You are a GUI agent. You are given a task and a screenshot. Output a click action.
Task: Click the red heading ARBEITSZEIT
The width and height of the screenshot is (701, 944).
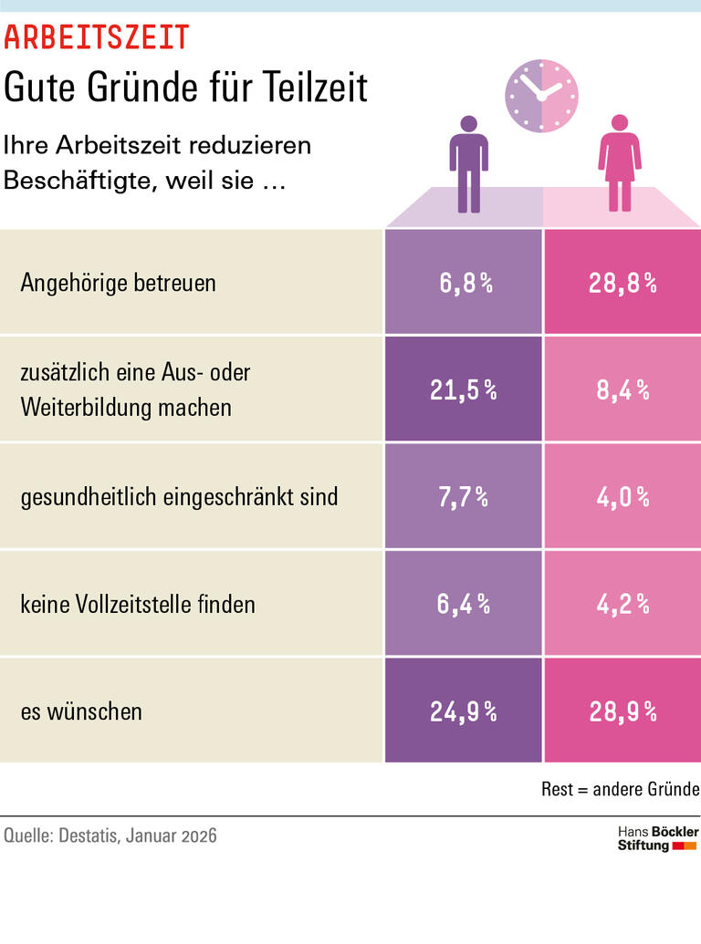(97, 36)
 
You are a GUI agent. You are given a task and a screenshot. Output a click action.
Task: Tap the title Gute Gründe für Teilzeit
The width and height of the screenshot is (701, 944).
(185, 88)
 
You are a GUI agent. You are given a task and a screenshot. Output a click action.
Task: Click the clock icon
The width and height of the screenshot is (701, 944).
(542, 94)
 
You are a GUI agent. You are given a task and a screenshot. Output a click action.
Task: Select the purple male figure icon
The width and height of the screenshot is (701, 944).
(468, 163)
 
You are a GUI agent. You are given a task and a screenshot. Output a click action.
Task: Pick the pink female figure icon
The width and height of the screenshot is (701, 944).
(620, 163)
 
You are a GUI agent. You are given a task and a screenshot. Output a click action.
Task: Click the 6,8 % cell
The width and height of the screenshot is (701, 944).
(464, 283)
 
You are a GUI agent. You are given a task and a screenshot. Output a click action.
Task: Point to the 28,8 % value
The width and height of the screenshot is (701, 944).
(623, 283)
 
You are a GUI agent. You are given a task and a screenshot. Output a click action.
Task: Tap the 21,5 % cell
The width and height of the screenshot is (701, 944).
(464, 390)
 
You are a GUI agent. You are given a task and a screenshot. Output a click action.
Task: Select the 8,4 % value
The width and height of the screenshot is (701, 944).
(623, 390)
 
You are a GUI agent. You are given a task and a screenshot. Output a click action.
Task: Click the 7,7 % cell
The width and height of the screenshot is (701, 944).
(464, 497)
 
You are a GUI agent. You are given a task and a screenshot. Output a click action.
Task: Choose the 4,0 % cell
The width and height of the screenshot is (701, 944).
(623, 497)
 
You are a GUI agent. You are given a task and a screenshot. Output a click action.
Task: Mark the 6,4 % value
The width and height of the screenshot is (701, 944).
(464, 604)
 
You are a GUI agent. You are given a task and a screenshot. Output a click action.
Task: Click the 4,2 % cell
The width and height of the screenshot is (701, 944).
(623, 604)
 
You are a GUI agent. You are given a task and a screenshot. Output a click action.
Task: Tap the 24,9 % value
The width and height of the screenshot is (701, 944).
(464, 711)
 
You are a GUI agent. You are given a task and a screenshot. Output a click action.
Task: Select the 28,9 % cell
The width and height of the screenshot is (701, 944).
(623, 711)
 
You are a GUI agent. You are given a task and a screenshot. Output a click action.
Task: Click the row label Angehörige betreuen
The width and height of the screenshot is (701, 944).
(118, 283)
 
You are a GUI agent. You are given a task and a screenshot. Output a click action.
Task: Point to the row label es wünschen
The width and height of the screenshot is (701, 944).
(81, 711)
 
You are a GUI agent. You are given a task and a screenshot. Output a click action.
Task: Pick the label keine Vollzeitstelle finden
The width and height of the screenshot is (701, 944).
(138, 604)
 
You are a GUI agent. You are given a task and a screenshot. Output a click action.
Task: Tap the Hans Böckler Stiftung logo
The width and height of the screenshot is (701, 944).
(657, 839)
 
